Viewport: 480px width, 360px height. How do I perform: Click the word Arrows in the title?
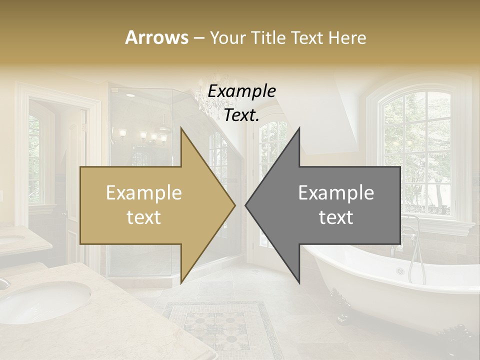click(x=156, y=37)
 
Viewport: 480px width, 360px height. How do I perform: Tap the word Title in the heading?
click(x=269, y=37)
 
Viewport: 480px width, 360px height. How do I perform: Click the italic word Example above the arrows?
click(x=242, y=91)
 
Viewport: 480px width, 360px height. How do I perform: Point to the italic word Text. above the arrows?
click(x=242, y=115)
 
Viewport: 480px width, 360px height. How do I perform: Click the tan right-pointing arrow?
click(x=150, y=205)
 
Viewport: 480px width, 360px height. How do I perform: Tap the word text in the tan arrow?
click(x=143, y=217)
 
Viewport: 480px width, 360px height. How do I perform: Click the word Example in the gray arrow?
click(x=336, y=193)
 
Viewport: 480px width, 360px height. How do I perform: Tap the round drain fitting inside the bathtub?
click(x=400, y=271)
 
